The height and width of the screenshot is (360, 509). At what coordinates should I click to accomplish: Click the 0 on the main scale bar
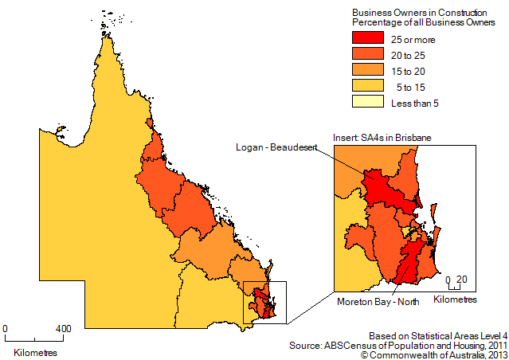pos(6,328)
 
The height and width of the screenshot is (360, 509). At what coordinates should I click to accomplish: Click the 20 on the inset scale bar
pos(463,279)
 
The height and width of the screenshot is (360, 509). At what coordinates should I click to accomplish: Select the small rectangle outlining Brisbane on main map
pos(264,302)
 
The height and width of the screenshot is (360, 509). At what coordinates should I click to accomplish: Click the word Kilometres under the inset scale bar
pos(455,299)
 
